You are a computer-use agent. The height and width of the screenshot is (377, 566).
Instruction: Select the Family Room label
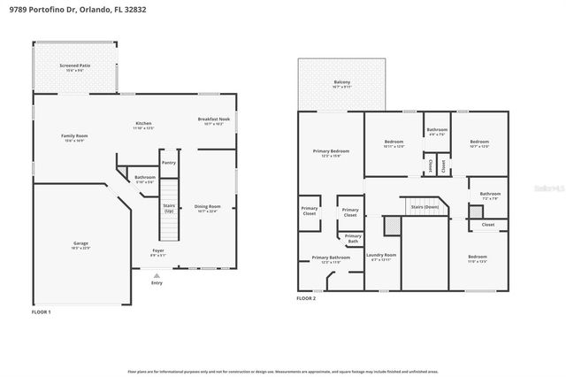pyautogui.click(x=74, y=137)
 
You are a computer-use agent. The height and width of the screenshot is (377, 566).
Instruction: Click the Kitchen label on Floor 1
pyautogui.click(x=143, y=124)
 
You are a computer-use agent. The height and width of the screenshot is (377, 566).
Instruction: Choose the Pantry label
pyautogui.click(x=168, y=163)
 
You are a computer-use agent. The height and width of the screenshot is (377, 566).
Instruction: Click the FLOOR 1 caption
pyautogui.click(x=42, y=312)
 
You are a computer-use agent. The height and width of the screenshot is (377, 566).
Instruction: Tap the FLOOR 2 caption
pyautogui.click(x=306, y=299)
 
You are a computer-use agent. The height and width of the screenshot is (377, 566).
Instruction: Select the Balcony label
pyautogui.click(x=341, y=83)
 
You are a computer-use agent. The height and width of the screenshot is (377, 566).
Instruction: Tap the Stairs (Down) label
pyautogui.click(x=425, y=207)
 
